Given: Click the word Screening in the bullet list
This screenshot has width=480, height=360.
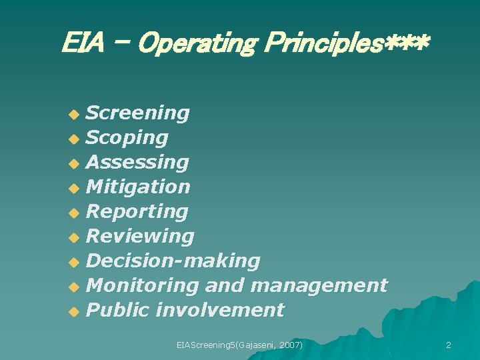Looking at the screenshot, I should [138, 113].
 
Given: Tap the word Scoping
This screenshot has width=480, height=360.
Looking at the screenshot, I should [127, 138].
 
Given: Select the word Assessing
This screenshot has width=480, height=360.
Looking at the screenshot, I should [138, 163].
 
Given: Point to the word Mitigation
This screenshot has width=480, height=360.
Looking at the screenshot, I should [139, 187].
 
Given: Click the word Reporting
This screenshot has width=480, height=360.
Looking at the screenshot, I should [137, 212].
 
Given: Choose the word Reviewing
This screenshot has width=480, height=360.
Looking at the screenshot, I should [141, 236].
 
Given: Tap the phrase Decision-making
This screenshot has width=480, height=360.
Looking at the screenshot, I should [173, 261].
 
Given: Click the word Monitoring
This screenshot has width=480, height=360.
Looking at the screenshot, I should [143, 285].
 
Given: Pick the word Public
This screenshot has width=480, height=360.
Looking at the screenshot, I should [118, 310].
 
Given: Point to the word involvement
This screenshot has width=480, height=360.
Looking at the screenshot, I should [219, 310].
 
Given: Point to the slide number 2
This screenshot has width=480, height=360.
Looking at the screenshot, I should [448, 345].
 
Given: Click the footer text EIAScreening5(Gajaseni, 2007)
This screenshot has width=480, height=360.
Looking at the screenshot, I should [240, 345].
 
